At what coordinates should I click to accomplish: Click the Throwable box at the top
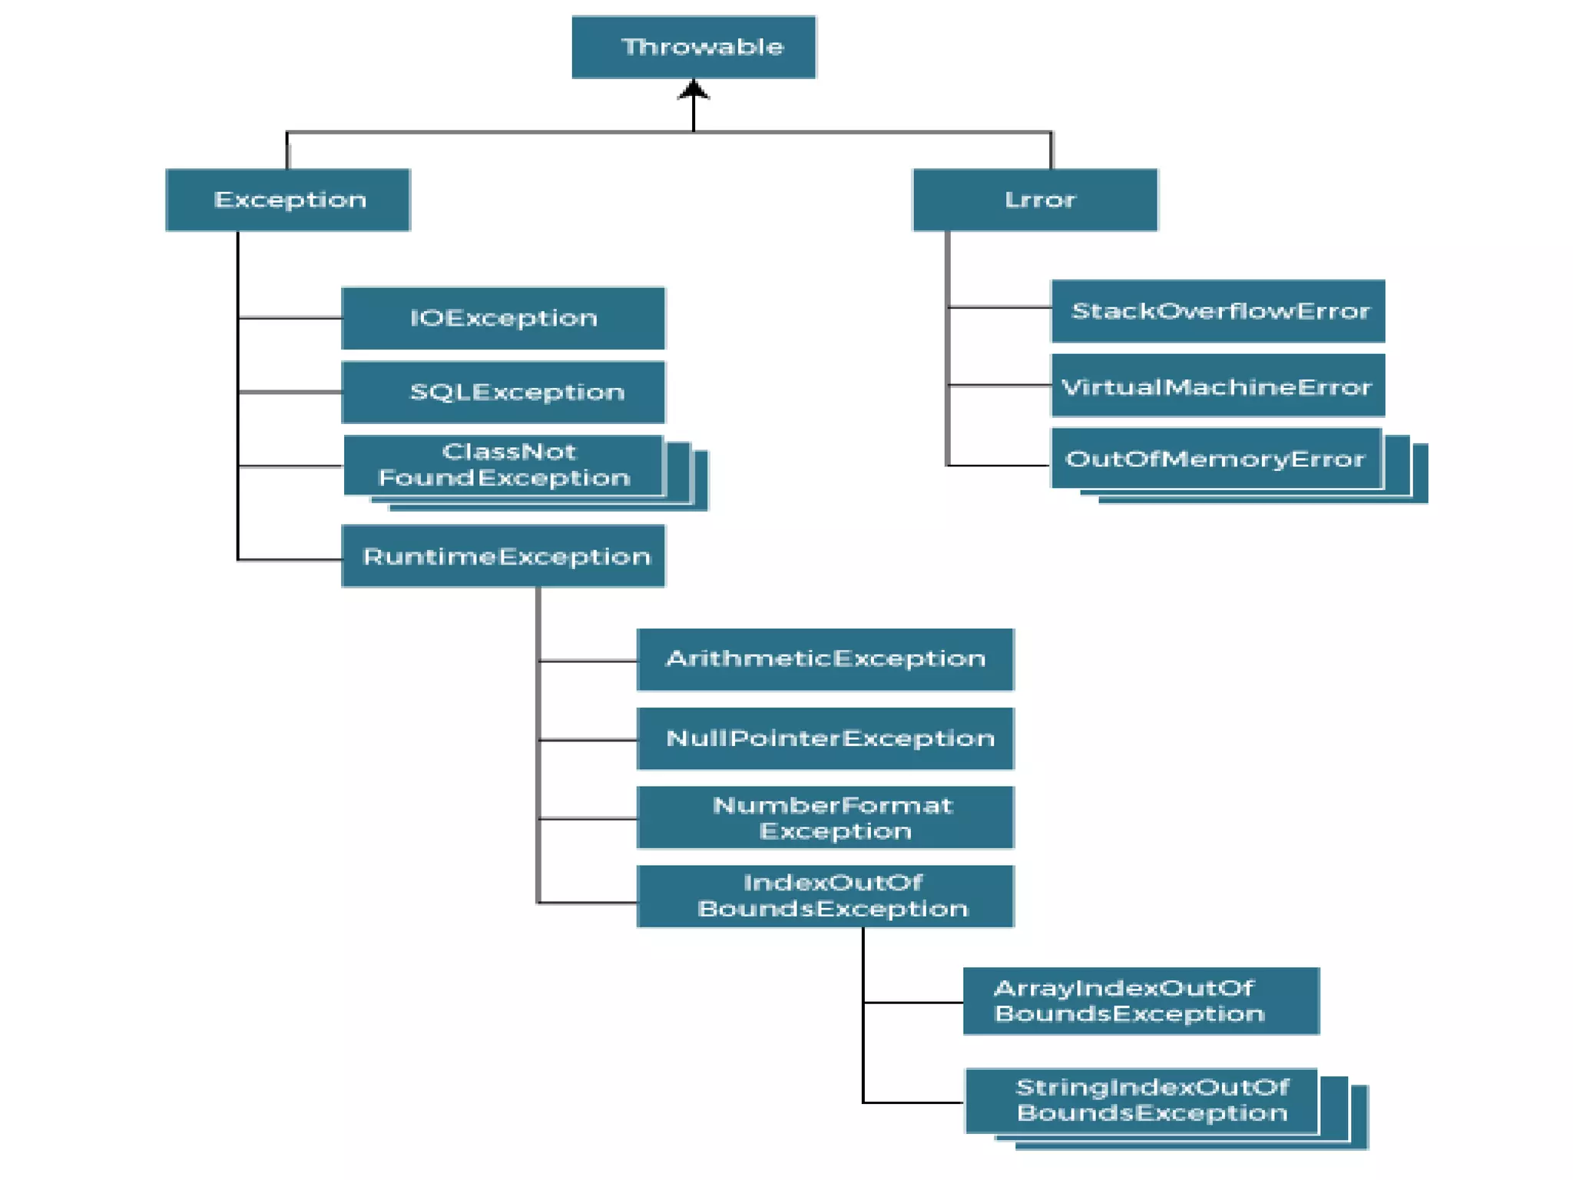point(694,47)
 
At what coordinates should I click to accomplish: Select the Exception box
point(288,200)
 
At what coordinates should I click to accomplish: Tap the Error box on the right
point(1035,200)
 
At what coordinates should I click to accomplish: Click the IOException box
point(503,318)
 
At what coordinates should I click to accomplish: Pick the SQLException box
point(503,392)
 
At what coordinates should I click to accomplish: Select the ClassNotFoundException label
point(503,465)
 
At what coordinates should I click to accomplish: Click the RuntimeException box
point(503,556)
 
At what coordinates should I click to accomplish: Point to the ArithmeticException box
point(825,659)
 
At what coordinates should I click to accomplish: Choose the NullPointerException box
point(825,738)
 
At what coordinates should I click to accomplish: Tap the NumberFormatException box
point(825,817)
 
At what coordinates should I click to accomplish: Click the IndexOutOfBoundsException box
point(825,896)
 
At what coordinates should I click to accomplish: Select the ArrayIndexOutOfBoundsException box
point(1141,1000)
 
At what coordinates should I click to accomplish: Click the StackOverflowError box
point(1217,311)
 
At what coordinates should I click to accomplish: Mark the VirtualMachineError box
point(1217,386)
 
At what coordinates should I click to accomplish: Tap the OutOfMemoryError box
point(1216,459)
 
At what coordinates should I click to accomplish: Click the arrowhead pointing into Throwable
point(694,90)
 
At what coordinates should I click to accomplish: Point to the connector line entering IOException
point(290,317)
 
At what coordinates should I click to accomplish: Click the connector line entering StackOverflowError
point(999,307)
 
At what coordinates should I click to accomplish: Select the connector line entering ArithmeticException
point(588,660)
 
